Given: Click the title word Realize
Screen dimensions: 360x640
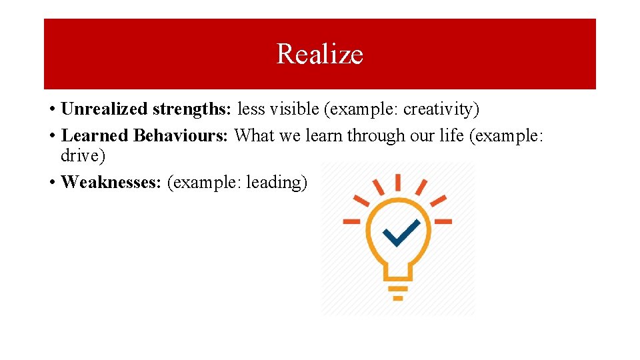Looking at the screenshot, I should point(319,54).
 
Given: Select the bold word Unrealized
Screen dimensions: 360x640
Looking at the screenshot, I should point(103,109).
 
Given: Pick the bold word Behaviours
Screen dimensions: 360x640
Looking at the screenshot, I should point(181,135).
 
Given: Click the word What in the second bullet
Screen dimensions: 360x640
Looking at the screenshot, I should point(254,135).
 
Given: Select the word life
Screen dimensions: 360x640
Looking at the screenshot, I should point(453,135).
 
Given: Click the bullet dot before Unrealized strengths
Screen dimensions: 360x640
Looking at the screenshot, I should point(52,109).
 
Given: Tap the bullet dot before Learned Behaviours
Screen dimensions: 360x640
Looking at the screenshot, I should point(52,136).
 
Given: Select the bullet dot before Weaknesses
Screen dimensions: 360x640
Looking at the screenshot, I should point(52,183).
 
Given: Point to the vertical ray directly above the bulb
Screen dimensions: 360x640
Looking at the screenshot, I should point(398,183).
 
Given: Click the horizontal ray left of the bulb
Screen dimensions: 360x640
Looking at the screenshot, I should point(351,221).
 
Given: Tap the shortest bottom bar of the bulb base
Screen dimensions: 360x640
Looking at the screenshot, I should point(398,298).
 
